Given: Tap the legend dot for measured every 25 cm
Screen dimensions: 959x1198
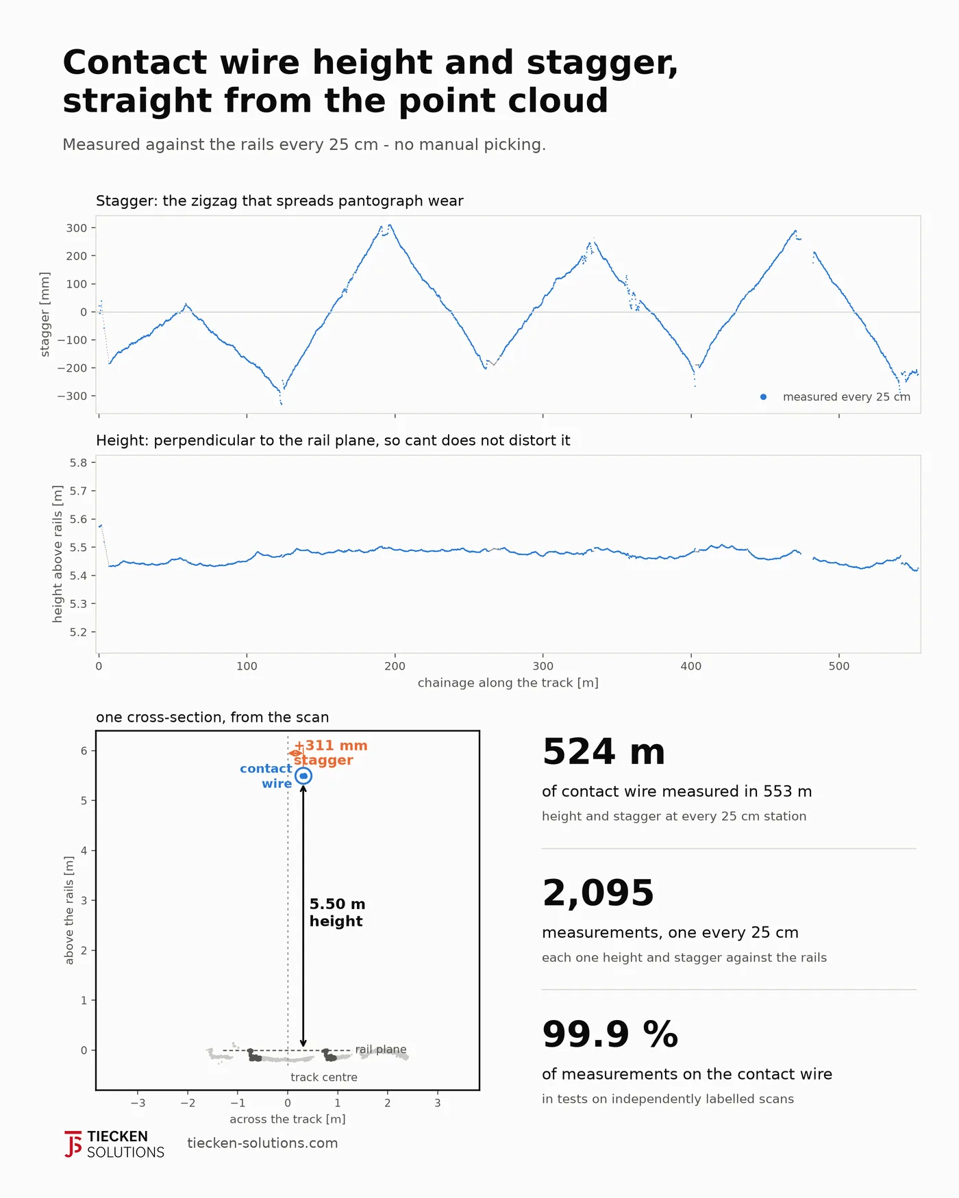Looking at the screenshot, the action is [x=763, y=397].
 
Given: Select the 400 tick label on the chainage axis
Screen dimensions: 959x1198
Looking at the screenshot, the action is [x=691, y=666].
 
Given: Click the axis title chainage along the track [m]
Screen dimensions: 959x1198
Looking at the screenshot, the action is [x=508, y=683].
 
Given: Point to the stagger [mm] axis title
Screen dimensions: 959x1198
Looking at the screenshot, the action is [x=45, y=314].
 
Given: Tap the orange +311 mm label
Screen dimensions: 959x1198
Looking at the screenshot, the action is [x=331, y=745].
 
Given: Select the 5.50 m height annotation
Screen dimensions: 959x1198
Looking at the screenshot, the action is [x=337, y=913].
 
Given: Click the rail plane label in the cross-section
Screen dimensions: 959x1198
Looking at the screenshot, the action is [x=381, y=1049].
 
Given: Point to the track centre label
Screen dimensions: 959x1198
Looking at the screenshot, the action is [x=324, y=1077].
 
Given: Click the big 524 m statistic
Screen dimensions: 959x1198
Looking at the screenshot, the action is [x=603, y=752].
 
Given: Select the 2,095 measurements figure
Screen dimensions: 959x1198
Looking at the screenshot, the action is [x=598, y=893].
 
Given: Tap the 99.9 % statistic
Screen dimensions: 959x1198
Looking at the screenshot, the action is [x=610, y=1034].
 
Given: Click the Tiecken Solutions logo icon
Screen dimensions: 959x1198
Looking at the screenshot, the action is [x=73, y=1144].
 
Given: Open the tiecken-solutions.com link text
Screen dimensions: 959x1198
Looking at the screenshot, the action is [x=262, y=1143].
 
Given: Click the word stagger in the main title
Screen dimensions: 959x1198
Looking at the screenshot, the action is [x=602, y=64].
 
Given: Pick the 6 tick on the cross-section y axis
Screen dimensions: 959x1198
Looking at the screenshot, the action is [x=84, y=751].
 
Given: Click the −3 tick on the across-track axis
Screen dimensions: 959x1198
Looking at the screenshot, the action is [x=138, y=1103].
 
